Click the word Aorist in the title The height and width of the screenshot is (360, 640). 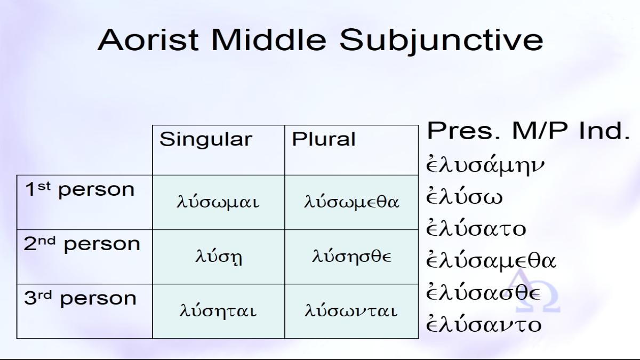(x=148, y=39)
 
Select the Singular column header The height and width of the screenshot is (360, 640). (x=206, y=139)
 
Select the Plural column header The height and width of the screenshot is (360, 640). (x=323, y=139)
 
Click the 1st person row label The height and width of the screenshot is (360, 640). (x=79, y=189)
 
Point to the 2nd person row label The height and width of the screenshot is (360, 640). (x=82, y=244)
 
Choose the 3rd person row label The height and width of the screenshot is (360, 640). (x=81, y=298)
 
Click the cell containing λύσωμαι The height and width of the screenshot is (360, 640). (x=218, y=202)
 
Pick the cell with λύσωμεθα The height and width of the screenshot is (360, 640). (x=351, y=202)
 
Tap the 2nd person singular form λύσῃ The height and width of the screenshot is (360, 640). (x=219, y=257)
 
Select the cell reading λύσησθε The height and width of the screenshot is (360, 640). (x=351, y=257)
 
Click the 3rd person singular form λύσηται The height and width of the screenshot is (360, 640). (x=218, y=310)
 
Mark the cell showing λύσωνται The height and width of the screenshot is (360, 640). (x=351, y=311)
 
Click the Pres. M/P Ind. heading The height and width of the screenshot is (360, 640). (x=529, y=131)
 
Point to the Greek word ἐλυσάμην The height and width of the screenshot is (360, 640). (x=485, y=165)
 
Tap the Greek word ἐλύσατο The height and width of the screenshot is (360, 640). (x=476, y=228)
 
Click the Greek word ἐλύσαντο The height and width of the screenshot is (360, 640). (x=484, y=324)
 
